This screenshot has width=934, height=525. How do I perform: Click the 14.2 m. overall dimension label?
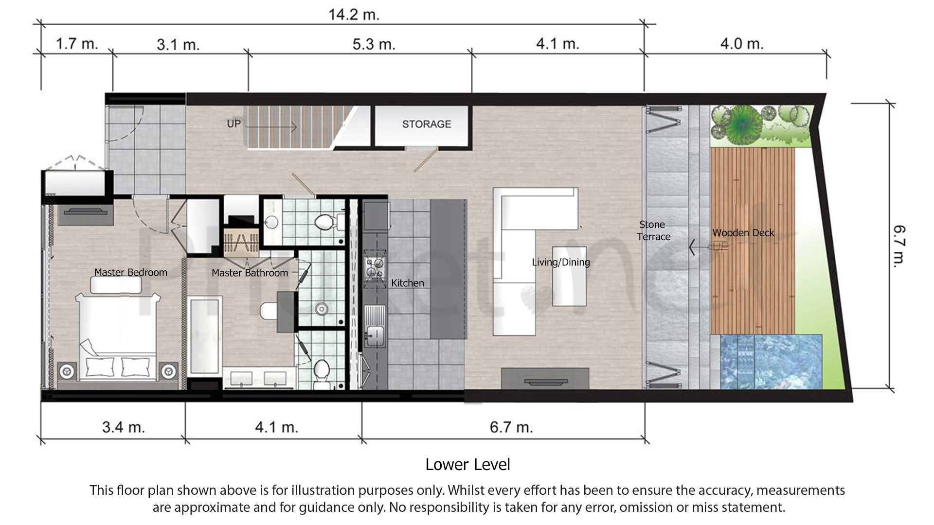354,15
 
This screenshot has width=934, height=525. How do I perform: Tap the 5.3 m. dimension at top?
374,44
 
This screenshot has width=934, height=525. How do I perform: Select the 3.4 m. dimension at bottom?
124,427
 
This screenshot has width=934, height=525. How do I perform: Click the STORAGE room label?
427,124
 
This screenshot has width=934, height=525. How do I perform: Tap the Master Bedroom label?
130,272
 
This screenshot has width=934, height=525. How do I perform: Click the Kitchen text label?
408,283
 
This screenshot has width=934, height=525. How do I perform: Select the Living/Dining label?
560,262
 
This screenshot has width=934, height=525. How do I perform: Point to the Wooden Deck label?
743,233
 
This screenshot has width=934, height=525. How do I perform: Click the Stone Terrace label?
653,231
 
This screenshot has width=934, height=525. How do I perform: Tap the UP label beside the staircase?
233,123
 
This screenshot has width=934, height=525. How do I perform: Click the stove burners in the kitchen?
375,269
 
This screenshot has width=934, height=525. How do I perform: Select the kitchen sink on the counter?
375,332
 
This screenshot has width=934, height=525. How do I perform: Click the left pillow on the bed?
100,366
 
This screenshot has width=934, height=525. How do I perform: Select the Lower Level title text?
467,465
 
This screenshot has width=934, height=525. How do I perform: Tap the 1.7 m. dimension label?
77,44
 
